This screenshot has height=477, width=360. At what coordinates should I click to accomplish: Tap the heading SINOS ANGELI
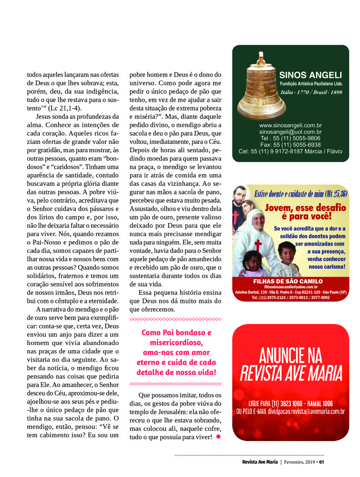coord(311,75)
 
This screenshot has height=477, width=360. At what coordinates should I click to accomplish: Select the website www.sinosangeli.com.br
coord(290,125)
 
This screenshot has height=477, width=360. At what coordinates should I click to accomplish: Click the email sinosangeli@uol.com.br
coord(290,132)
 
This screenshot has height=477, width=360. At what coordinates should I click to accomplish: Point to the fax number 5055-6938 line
coord(290,145)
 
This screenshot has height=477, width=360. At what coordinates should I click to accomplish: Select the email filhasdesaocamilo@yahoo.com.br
coord(290,287)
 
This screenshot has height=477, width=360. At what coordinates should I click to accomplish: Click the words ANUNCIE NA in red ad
coord(290,355)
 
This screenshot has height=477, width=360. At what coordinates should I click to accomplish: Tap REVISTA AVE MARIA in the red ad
coord(291,374)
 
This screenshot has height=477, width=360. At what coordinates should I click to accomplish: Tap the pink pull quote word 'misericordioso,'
coord(176,343)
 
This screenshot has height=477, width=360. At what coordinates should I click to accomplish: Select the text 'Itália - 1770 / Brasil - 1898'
coord(311,92)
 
